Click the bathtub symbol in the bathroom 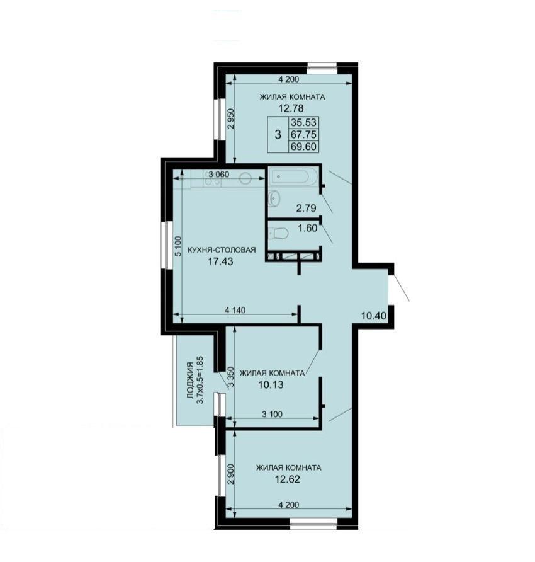pos(295,177)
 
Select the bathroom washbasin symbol pos(274,198)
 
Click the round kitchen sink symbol pos(245,178)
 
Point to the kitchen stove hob pos(212,178)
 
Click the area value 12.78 pos(291,108)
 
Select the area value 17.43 pos(220,261)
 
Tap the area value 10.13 pos(271,385)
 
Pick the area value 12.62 pos(287,479)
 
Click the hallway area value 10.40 pos(374,316)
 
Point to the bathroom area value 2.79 pos(306,208)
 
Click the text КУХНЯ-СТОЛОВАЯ pos(222,250)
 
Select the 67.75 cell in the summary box pos(303,134)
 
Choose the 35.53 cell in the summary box pos(303,123)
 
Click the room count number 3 pos(278,135)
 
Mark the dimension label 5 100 pos(178,246)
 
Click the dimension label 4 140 pos(235,310)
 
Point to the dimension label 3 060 pos(219,175)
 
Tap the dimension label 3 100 pos(272,415)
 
